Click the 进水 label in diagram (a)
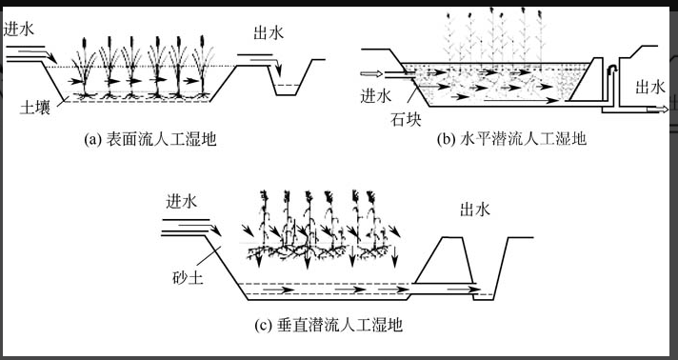[19, 29]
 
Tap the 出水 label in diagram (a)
[269, 33]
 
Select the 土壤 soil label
[35, 107]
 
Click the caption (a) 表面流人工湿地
[150, 139]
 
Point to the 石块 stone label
[406, 119]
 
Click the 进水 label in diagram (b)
[376, 95]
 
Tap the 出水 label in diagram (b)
[650, 88]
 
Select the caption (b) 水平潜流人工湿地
[511, 139]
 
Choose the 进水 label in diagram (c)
[182, 202]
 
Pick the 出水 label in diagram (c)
[475, 210]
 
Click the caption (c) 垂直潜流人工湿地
[329, 325]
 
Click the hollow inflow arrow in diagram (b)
[371, 73]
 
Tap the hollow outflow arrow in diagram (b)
[657, 110]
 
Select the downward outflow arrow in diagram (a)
[278, 69]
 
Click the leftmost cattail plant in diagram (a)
[85, 68]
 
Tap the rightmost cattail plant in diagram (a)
[202, 67]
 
